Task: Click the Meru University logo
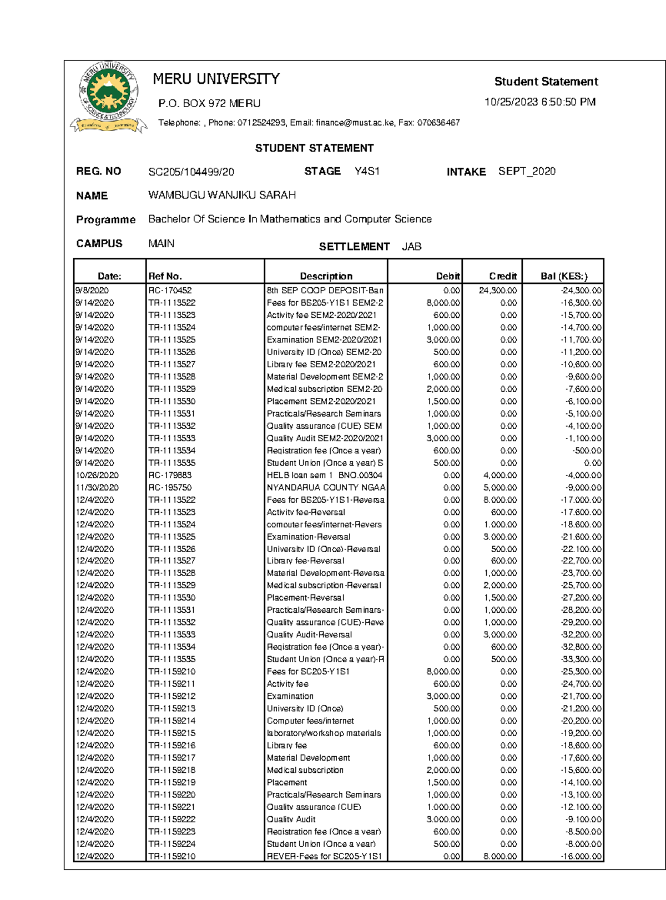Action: click(x=108, y=97)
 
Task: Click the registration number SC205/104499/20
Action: click(x=191, y=172)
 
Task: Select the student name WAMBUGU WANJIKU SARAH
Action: click(x=222, y=195)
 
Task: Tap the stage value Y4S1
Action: click(x=367, y=171)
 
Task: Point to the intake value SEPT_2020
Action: click(x=527, y=171)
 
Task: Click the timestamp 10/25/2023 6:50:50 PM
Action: click(x=539, y=102)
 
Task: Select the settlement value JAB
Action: click(x=411, y=247)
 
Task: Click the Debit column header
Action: click(x=447, y=276)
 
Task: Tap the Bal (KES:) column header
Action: click(x=563, y=276)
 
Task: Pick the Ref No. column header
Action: click(x=165, y=276)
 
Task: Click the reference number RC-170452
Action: click(x=170, y=291)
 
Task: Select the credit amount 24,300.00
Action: click(x=497, y=291)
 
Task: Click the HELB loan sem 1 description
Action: click(x=324, y=476)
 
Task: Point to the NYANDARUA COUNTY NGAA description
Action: click(x=325, y=488)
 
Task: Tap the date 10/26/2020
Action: click(x=97, y=476)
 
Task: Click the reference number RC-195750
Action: click(x=170, y=488)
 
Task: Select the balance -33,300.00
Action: click(x=581, y=659)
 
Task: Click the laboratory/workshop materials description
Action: click(x=324, y=733)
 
